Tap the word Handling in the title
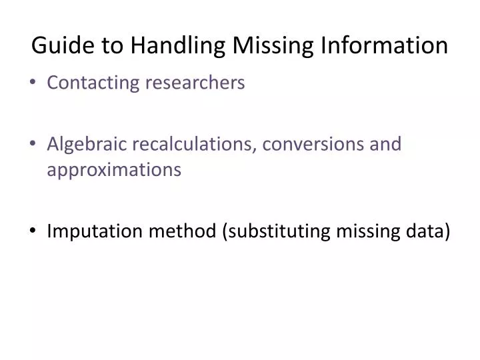172,45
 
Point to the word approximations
114,170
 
